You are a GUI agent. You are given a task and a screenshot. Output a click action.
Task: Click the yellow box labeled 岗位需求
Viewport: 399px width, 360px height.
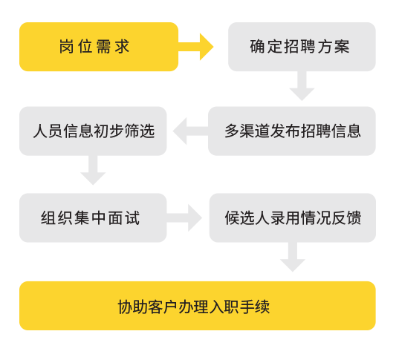99,47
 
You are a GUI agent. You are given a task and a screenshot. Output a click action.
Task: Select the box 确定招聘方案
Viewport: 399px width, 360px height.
302,47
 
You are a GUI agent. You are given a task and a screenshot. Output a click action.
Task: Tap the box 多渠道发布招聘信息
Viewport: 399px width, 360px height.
292,131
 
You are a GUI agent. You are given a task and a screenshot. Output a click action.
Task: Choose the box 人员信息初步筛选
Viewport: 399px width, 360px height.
93,131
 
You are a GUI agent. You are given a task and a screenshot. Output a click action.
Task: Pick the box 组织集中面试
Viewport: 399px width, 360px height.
93,217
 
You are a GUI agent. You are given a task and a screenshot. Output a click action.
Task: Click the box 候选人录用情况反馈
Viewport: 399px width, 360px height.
293,217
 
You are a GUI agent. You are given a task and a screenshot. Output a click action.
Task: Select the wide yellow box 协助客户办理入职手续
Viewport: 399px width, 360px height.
198,306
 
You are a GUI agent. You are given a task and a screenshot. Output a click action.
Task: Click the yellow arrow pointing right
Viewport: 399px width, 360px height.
195,47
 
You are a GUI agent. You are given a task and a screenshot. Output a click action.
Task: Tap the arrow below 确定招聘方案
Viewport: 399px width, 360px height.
302,86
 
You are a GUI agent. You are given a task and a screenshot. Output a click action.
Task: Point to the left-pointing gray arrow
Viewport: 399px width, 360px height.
190,131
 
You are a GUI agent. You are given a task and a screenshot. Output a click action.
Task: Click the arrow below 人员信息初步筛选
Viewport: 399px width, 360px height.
93,170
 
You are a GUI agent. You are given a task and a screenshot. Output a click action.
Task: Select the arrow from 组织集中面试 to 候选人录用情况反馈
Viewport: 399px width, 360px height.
184,217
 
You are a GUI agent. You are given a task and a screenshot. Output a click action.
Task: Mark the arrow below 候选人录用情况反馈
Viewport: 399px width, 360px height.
293,257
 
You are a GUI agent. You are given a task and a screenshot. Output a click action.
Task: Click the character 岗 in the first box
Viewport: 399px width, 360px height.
66,47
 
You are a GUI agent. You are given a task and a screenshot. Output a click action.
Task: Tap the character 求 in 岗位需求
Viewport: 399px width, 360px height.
122,47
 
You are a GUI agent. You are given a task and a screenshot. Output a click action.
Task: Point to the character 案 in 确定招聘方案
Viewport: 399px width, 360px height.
342,47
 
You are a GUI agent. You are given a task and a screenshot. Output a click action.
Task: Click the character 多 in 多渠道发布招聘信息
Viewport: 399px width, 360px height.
232,131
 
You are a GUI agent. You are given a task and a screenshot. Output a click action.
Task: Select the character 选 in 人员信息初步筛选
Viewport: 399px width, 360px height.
147,131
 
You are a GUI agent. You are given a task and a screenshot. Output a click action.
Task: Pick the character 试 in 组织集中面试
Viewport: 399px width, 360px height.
132,218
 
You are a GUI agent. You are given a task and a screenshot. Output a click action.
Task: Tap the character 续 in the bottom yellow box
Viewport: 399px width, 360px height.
262,307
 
